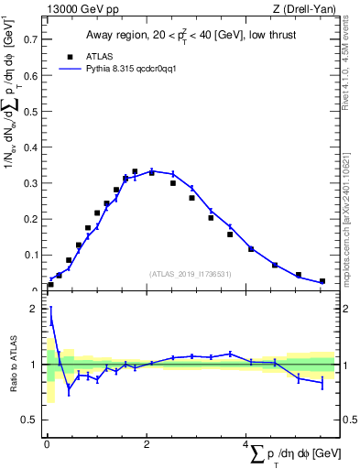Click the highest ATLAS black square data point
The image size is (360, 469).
click(135, 171)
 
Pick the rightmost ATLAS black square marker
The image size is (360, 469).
click(322, 281)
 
